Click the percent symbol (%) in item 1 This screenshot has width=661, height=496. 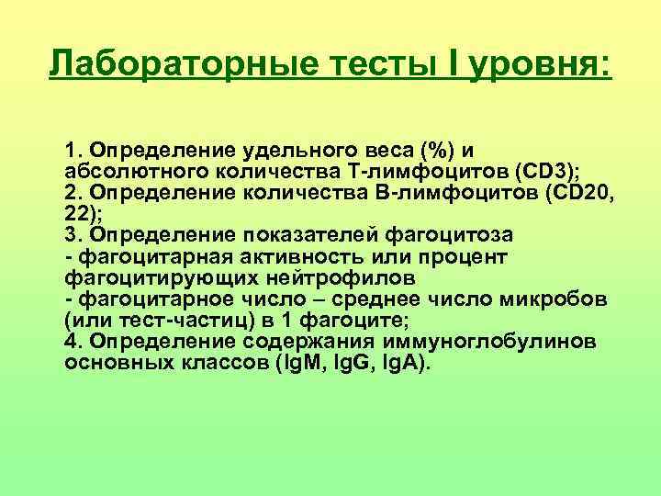tap(437, 150)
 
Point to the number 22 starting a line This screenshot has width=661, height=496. tap(76, 213)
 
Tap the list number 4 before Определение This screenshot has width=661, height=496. tap(72, 342)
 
